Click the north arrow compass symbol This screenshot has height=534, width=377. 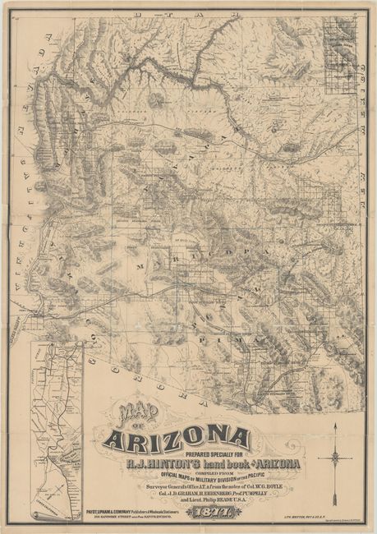(x=338, y=450)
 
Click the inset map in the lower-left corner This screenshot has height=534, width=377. (x=61, y=419)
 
